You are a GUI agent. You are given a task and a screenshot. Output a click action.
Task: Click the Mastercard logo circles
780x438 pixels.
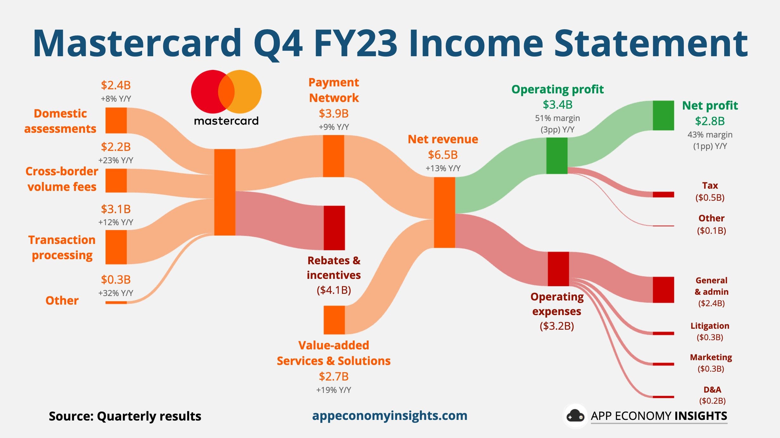[226, 92]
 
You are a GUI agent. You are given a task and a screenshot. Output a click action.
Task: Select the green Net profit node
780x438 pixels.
[663, 116]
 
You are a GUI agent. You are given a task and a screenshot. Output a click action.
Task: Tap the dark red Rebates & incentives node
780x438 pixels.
[334, 228]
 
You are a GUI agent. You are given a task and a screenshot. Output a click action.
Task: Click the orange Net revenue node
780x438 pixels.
[444, 212]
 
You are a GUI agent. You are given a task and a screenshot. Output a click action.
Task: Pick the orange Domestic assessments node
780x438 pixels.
[116, 120]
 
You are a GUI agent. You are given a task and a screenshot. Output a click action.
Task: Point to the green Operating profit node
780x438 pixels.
[557, 156]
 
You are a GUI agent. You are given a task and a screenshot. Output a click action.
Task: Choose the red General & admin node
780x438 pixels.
[663, 290]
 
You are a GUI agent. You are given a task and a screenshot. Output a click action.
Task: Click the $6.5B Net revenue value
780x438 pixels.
[443, 155]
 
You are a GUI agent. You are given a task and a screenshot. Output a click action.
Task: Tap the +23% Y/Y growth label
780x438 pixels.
[116, 160]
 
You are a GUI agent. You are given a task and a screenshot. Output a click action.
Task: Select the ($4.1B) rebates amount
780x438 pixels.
[334, 290]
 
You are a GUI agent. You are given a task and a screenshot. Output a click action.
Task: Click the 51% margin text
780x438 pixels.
[557, 118]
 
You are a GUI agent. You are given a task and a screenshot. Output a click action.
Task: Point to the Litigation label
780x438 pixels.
[710, 326]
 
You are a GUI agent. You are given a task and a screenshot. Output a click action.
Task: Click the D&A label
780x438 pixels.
[712, 389]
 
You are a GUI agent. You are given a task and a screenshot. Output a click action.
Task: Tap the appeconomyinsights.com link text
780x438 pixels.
[390, 416]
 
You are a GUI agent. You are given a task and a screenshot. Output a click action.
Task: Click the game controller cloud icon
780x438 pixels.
[575, 416]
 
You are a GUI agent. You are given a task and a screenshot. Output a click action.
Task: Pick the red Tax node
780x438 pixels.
[663, 194]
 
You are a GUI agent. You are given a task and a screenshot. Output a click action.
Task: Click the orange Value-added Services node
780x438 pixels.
[334, 320]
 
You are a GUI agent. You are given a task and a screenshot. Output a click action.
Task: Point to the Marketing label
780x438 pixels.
[711, 357]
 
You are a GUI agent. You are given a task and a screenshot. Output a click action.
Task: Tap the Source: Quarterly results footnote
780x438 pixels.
[125, 416]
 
